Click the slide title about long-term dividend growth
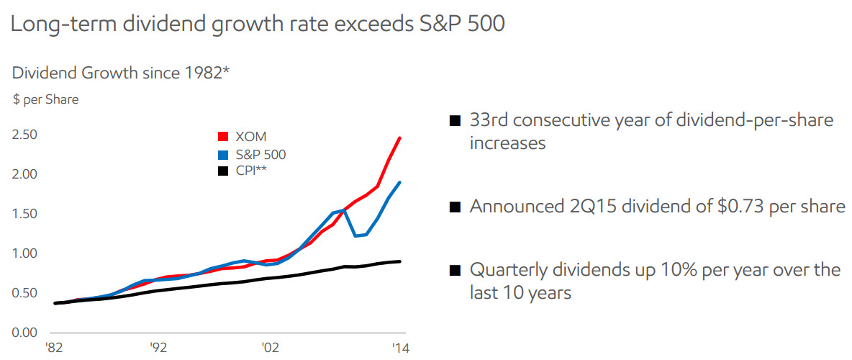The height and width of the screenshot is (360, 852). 257,24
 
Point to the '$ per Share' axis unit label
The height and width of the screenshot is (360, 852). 45,100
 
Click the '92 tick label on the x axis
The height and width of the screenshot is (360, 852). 159,347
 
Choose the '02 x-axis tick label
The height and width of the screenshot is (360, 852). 270,347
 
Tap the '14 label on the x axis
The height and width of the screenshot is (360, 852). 398,347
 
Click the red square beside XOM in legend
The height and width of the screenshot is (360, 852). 223,136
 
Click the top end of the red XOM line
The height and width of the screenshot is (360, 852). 400,138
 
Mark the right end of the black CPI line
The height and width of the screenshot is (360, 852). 400,261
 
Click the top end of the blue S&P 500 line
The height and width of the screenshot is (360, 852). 400,182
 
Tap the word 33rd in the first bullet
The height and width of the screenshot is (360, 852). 490,120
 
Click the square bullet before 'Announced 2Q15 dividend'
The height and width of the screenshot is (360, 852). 454,207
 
